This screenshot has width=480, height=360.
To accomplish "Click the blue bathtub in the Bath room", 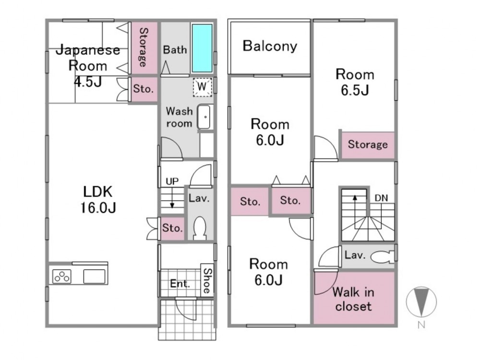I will [202, 47].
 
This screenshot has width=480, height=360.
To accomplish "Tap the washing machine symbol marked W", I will [202, 87].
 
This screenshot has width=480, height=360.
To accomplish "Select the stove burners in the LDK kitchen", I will [61, 276].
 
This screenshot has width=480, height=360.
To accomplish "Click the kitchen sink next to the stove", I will [94, 276].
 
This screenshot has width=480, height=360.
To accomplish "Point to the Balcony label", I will [270, 46].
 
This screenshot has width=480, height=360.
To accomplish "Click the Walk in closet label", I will [354, 299].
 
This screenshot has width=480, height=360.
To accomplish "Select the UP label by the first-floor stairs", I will [172, 181].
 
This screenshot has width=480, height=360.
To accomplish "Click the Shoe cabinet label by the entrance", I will [207, 281].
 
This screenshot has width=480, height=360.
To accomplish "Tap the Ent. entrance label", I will [180, 284].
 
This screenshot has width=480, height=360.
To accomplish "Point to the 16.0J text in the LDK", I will [97, 208].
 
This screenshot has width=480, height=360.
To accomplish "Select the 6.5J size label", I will [354, 90].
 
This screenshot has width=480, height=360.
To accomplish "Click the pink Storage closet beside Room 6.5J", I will [368, 144].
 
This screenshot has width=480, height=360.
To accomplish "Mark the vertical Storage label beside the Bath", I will [143, 47].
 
